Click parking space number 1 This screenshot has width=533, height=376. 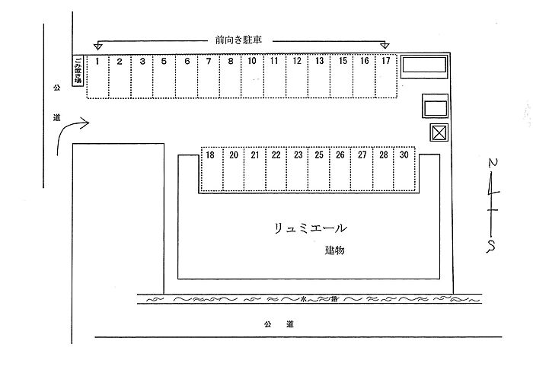(x=97, y=76)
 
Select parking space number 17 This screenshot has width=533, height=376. (x=386, y=76)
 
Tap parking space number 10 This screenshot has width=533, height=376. (x=252, y=76)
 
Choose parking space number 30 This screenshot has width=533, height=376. (x=404, y=169)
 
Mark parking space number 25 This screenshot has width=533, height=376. (x=319, y=169)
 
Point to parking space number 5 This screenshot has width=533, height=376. (x=164, y=76)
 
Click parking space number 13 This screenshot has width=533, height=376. (x=320, y=76)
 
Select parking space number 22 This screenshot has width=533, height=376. (x=276, y=169)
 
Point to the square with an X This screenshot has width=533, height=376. (x=438, y=133)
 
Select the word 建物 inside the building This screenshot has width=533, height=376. (x=334, y=250)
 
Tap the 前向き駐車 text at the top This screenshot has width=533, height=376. (x=239, y=40)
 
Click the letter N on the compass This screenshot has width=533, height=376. (x=493, y=164)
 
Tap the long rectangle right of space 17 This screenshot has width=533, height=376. (x=424, y=65)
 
